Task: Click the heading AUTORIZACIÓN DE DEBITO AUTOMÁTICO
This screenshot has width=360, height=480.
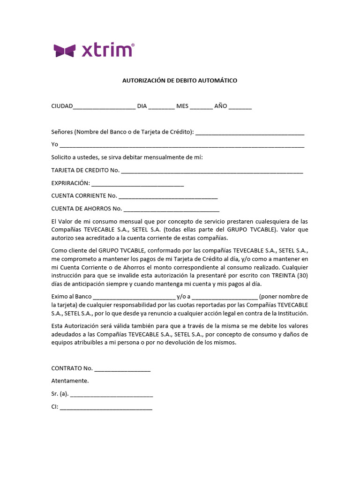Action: (x=180, y=81)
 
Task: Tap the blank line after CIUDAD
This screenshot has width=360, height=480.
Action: (x=104, y=107)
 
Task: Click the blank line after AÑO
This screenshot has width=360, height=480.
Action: (x=240, y=107)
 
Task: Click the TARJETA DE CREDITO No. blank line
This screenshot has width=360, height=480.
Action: (x=212, y=171)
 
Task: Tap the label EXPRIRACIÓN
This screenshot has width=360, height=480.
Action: (x=70, y=183)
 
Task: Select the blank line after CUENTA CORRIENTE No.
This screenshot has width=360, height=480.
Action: (x=168, y=196)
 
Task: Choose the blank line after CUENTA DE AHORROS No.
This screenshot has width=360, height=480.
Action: (x=171, y=210)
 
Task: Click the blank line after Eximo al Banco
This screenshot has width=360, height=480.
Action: (x=134, y=298)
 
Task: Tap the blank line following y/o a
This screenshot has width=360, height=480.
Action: (x=225, y=298)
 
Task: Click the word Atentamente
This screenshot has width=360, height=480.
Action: (x=70, y=381)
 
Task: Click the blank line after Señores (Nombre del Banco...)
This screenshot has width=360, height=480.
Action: (x=250, y=133)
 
